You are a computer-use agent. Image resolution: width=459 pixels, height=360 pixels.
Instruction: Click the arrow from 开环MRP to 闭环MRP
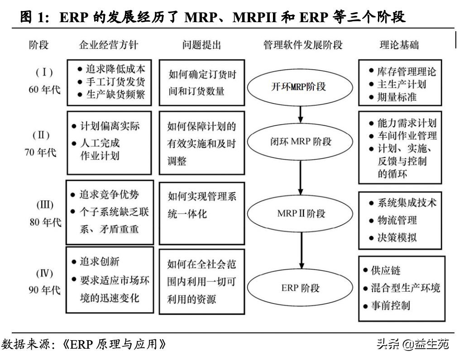300,114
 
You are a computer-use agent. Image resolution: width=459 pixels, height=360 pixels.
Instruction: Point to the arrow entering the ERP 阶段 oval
301,251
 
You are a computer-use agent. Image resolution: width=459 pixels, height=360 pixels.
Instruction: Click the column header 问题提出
202,45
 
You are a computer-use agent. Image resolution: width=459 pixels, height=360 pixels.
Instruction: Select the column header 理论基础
399,45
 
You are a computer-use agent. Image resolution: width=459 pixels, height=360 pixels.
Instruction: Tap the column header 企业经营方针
109,45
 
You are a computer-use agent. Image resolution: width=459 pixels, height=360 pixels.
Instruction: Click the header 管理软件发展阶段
303,45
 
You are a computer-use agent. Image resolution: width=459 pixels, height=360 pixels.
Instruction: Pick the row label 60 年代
44,90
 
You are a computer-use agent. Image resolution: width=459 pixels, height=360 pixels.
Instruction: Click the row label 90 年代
44,290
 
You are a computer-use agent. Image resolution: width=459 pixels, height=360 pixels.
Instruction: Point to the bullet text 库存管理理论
406,71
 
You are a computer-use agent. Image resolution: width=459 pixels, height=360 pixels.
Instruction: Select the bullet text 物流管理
397,220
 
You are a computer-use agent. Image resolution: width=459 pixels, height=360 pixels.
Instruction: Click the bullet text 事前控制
391,306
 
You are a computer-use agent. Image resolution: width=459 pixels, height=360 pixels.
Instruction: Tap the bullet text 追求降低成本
115,69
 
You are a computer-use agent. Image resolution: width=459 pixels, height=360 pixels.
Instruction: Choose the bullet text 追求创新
100,261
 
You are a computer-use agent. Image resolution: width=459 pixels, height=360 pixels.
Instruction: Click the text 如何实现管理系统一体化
202,205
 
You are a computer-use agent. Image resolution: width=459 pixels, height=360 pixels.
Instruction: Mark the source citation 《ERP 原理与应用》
115,345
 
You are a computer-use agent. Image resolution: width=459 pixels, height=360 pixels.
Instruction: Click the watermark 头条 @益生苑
413,344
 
